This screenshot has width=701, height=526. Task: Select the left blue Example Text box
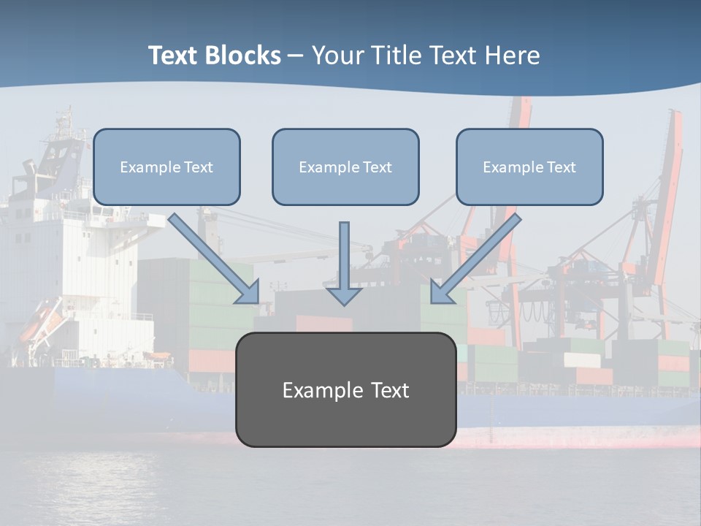pos(166,167)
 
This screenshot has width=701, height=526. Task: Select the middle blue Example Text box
pos(345,167)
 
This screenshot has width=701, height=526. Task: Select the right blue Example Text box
pos(529,167)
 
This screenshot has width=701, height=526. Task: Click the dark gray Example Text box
pos(345,389)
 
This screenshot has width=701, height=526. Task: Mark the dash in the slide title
pos(296,56)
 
